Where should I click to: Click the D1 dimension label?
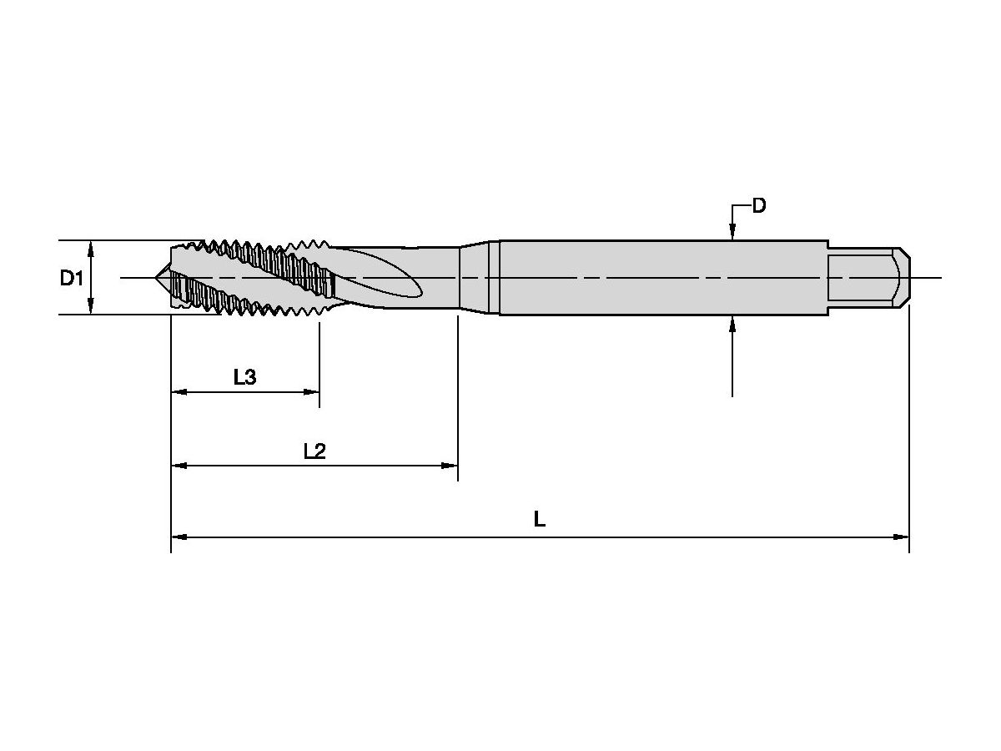(72, 278)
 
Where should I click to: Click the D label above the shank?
(759, 205)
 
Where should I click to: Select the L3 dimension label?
(245, 377)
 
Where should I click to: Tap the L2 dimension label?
(314, 451)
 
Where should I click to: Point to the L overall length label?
(540, 519)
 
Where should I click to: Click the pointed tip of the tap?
(156, 277)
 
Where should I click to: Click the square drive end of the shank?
(868, 278)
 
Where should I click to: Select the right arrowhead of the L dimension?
(901, 537)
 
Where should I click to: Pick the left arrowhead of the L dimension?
(179, 537)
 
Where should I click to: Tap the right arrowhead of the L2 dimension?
(449, 466)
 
